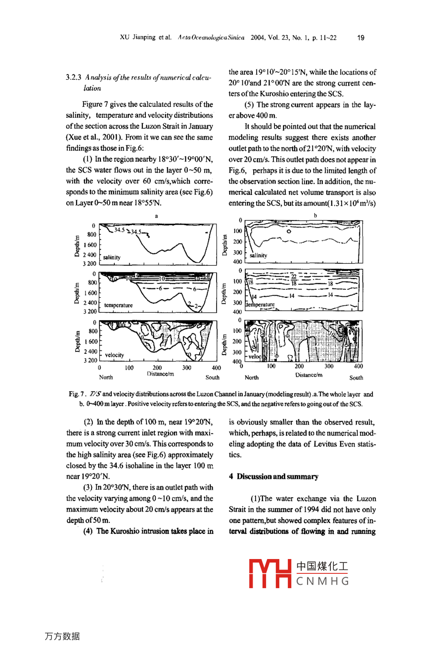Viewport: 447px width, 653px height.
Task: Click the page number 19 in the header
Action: pyautogui.click(x=360, y=38)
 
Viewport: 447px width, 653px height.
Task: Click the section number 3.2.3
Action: pyautogui.click(x=74, y=78)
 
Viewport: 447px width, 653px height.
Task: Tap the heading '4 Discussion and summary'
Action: pyautogui.click(x=273, y=477)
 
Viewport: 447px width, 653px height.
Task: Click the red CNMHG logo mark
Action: pyautogui.click(x=269, y=574)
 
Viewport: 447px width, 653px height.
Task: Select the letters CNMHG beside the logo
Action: pyautogui.click(x=322, y=581)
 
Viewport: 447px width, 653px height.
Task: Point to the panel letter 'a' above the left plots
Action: pyautogui.click(x=156, y=216)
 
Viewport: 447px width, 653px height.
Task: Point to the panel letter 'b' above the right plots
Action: pyautogui.click(x=315, y=216)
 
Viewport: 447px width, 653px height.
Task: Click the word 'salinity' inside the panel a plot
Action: pyautogui.click(x=112, y=257)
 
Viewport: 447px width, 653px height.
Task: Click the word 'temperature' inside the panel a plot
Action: pyautogui.click(x=118, y=305)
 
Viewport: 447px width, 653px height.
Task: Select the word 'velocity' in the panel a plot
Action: pyautogui.click(x=114, y=355)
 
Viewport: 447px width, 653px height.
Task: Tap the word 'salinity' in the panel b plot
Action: pyautogui.click(x=258, y=255)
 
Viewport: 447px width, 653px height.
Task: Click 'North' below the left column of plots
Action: pyautogui.click(x=106, y=377)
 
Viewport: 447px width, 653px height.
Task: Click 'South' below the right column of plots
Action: pyautogui.click(x=356, y=377)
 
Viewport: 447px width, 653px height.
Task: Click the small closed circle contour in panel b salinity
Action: pyautogui.click(x=289, y=231)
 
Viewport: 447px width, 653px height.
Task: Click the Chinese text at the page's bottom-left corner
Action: pyautogui.click(x=62, y=636)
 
